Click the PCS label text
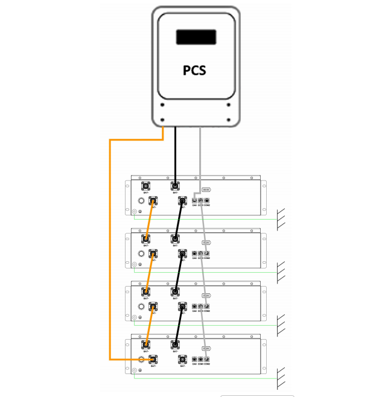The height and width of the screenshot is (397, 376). (x=194, y=70)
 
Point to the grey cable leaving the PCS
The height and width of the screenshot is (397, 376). (x=200, y=154)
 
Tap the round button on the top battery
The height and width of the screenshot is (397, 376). (x=143, y=201)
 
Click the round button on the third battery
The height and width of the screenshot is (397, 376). (x=143, y=306)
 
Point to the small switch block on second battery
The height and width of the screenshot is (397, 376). (x=205, y=243)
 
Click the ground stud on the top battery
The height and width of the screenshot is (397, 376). (x=135, y=212)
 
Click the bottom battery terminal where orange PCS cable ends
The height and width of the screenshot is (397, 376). (x=153, y=360)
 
